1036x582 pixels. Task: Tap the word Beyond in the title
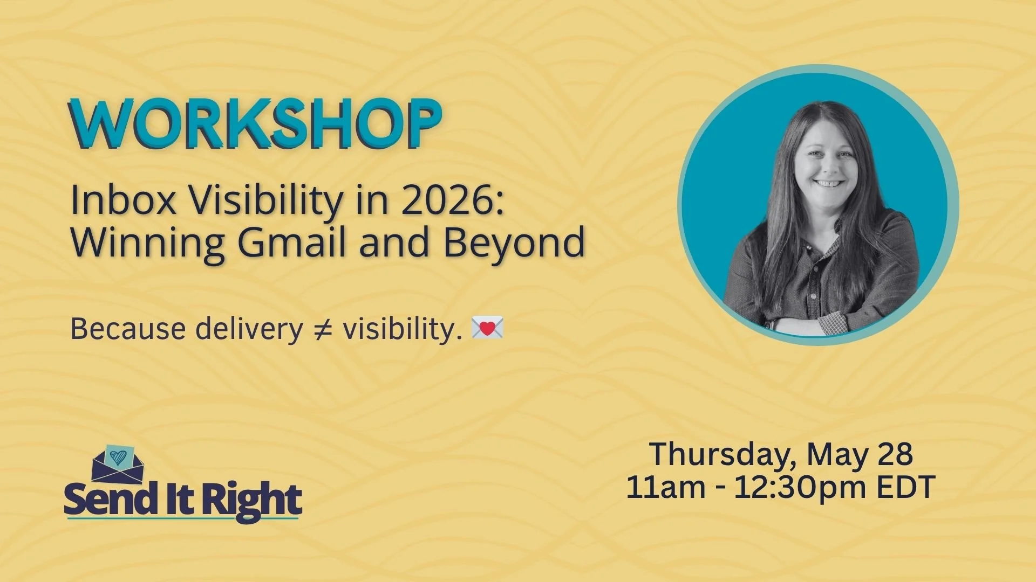[514, 242]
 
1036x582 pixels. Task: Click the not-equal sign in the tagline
[323, 329]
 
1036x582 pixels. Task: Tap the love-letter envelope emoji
[487, 328]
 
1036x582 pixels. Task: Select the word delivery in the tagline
[249, 329]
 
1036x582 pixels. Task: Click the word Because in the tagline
[128, 329]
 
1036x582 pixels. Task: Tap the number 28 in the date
[895, 454]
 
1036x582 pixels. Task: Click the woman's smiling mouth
[828, 184]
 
